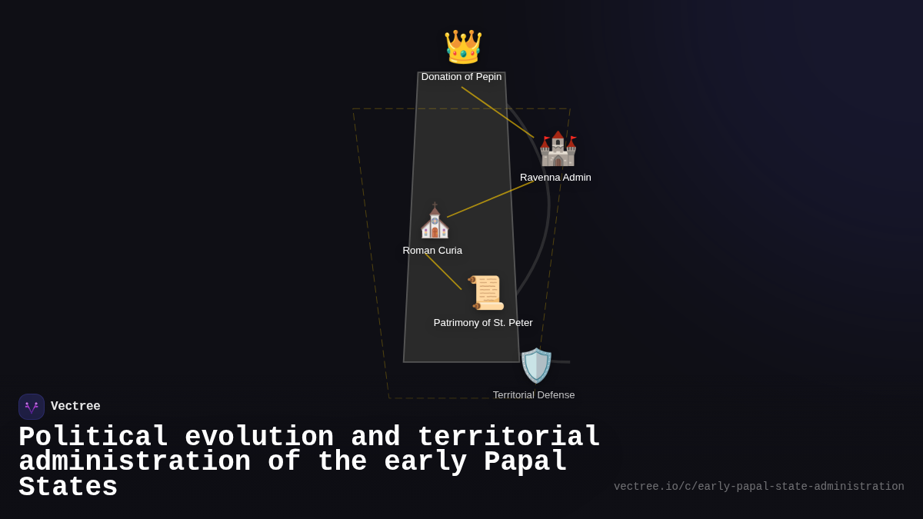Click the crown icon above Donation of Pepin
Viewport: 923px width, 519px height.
(x=462, y=47)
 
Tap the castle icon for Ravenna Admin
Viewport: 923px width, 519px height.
(x=558, y=148)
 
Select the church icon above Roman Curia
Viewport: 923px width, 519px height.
(x=435, y=221)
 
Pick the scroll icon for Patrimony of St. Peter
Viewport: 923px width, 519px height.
(x=486, y=292)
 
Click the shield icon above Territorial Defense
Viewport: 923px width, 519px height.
(x=536, y=365)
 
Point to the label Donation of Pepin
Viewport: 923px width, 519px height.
(x=461, y=77)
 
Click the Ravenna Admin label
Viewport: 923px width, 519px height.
(x=555, y=178)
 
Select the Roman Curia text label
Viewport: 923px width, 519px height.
(x=432, y=251)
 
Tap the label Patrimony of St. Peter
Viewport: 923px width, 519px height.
(x=483, y=323)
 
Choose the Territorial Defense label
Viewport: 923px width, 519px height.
(x=534, y=395)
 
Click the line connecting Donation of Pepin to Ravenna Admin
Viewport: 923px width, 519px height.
(x=498, y=112)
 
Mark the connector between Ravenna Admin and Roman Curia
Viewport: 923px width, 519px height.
(x=490, y=199)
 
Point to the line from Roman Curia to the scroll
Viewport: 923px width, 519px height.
(x=443, y=271)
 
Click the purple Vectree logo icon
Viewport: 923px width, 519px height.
(x=32, y=407)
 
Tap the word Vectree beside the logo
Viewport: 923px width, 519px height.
(x=75, y=407)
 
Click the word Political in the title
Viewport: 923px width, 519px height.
(x=93, y=437)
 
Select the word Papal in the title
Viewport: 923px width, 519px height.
(x=525, y=462)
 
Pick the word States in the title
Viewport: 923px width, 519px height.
(x=68, y=487)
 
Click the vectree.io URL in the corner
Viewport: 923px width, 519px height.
(x=758, y=487)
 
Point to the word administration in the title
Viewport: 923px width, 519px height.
(x=135, y=462)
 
